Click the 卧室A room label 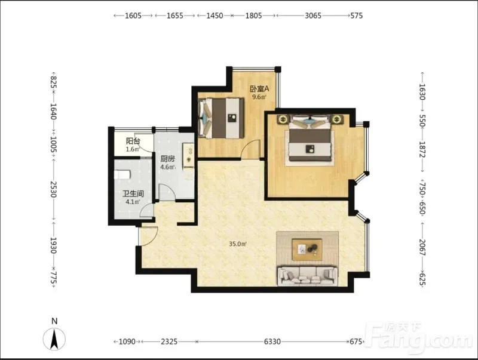pos(260,88)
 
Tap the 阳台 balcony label pos(133,141)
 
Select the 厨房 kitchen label pos(168,159)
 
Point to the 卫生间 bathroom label pos(133,193)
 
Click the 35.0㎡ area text pos(237,244)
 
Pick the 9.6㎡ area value pos(259,97)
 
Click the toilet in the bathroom pos(122,174)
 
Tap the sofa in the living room pos(307,276)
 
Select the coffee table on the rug pos(307,250)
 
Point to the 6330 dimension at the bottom pos(272,341)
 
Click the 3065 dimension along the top pos(313,16)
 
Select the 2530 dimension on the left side pos(54,189)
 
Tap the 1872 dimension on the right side pos(422,149)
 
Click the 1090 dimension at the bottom pos(127,341)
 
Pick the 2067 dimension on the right pos(422,247)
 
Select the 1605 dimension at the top pos(133,16)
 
